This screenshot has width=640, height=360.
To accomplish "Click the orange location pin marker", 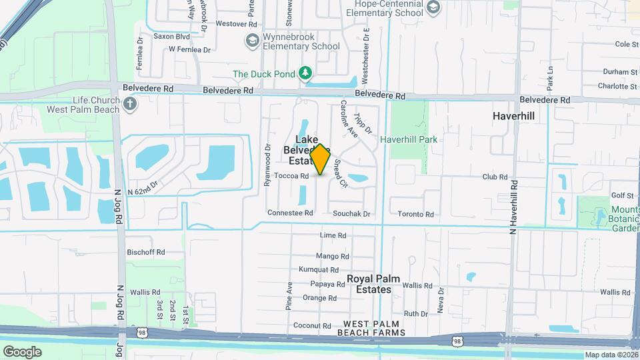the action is point(320,159).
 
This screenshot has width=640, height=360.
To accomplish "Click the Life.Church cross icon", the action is point(131,104).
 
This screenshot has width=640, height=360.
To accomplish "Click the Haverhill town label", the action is point(513,115).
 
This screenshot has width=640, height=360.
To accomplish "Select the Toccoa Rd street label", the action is point(291,176).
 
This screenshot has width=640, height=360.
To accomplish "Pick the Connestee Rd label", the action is point(290,213).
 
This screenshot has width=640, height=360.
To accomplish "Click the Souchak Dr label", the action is point(351,214).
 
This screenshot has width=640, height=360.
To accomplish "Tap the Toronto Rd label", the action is point(416,214).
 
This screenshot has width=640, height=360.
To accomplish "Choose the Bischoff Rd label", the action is point(145,252).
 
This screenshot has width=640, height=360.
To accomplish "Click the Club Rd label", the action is point(495,177).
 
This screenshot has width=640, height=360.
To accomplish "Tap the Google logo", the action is point(22,351).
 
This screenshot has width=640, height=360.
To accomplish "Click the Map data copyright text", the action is point(611,355).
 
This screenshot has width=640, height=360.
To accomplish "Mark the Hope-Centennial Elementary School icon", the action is point(433,7).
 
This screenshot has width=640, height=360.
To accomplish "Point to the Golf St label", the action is point(622,195).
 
